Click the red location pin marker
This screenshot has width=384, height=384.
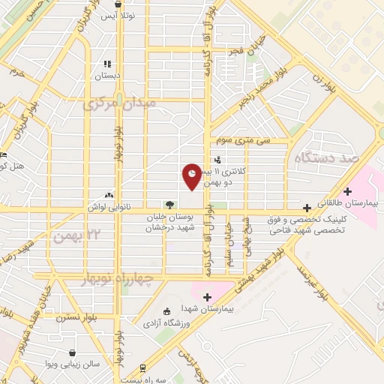coord(193,175)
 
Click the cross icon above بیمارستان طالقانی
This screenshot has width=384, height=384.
coord(347,191)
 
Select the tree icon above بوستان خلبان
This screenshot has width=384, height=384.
coord(170,204)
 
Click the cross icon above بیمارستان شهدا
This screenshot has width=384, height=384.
coord(208,297)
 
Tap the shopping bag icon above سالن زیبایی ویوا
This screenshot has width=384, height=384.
coord(71,352)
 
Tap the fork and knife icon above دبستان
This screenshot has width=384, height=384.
coord(107,64)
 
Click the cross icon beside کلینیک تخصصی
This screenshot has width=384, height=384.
coord(307,207)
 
